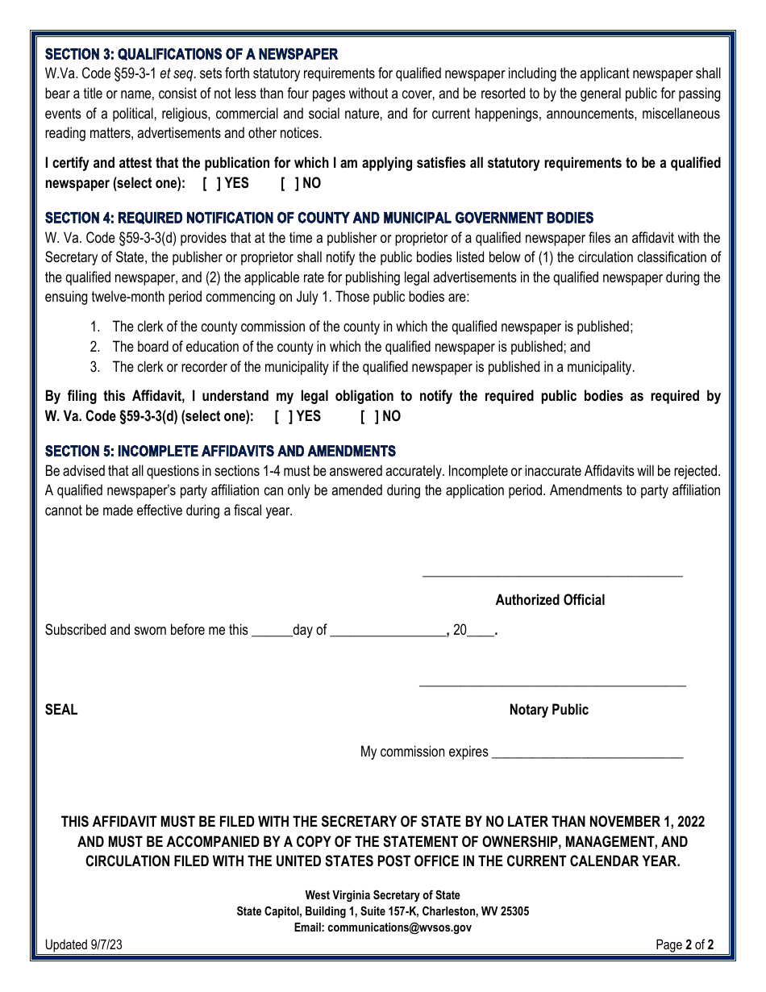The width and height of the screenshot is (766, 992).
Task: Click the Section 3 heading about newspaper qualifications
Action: pos(191,54)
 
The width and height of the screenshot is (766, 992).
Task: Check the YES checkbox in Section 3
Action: pos(212,183)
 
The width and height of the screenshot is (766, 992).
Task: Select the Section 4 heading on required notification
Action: pos(318,218)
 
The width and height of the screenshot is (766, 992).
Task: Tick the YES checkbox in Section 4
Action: pos(284,416)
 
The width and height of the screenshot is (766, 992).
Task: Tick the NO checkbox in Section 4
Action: pos(370,416)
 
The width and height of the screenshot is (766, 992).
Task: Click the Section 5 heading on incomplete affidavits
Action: pos(220,451)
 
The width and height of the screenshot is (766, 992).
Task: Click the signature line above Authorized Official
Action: pos(552,575)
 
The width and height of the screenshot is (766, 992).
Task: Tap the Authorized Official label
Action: pos(550,600)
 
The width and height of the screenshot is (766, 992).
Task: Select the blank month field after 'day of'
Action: pos(388,631)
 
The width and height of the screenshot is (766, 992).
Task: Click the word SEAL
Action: pos(61,710)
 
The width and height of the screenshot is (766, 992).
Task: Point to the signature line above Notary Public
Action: pos(552,686)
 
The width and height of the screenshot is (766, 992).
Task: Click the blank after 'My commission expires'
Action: pos(587,753)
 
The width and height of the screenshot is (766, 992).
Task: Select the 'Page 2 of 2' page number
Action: pos(685,945)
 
